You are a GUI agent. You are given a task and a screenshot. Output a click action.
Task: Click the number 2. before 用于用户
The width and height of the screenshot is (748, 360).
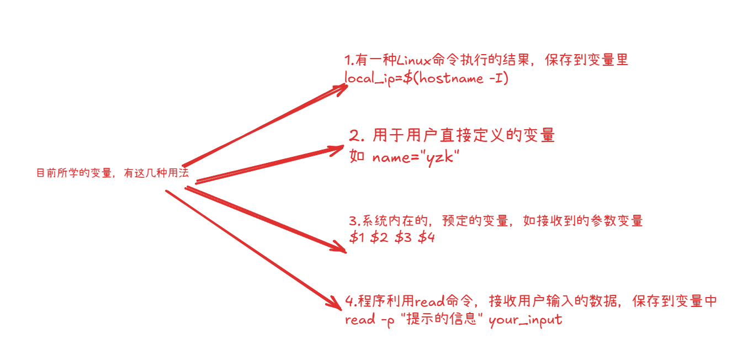(x=356, y=136)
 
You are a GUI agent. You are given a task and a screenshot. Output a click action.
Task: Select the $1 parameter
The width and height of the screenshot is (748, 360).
(x=357, y=238)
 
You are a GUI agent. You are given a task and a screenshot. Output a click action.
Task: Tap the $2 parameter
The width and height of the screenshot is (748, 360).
(x=380, y=238)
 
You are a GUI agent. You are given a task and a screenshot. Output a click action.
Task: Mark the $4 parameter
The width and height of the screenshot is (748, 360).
(x=426, y=238)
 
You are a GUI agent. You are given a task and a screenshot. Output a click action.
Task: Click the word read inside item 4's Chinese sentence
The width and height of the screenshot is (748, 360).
(x=429, y=301)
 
